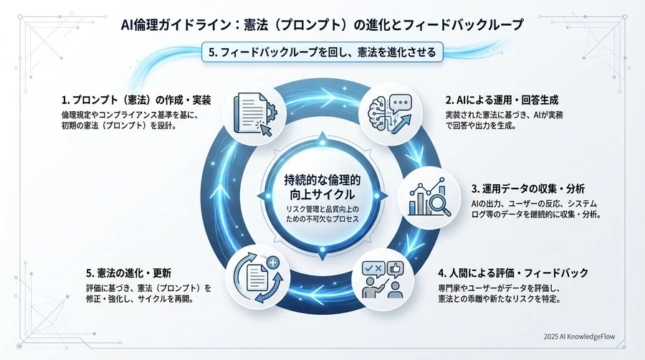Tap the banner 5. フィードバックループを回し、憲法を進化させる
click(322, 52)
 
